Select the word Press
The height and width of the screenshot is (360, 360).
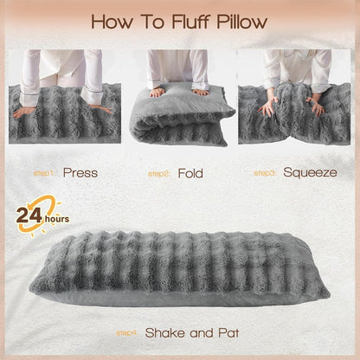click(x=80, y=172)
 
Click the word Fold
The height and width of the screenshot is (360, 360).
click(x=190, y=172)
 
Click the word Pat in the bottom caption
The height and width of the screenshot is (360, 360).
click(x=227, y=331)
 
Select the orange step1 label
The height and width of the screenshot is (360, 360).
click(x=43, y=173)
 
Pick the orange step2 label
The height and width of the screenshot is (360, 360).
click(x=158, y=173)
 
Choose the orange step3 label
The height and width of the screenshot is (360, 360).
click(x=265, y=173)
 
